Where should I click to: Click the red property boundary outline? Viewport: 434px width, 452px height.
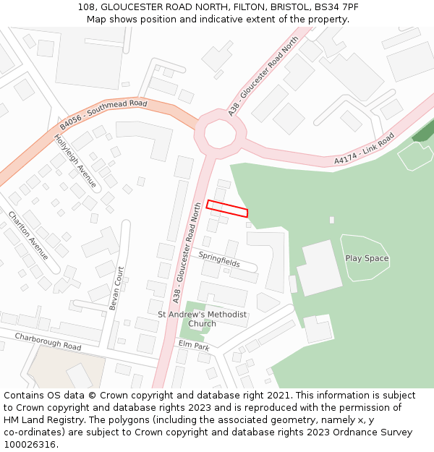point(227,208)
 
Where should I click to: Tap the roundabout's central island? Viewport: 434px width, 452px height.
point(216,132)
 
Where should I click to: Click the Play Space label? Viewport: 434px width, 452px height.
point(367,258)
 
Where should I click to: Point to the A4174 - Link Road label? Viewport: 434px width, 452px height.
point(364,150)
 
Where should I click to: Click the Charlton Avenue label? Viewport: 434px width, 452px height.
point(28,236)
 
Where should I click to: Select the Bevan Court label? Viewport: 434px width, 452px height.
point(116,288)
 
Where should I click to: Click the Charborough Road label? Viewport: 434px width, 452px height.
point(48,341)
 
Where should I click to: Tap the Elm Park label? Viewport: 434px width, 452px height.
point(194,346)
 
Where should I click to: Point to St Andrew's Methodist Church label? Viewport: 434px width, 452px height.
point(203,319)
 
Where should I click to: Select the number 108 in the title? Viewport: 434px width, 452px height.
point(86,7)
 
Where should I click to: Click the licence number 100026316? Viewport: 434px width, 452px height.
point(30,444)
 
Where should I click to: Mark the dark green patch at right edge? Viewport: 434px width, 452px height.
point(424,131)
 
